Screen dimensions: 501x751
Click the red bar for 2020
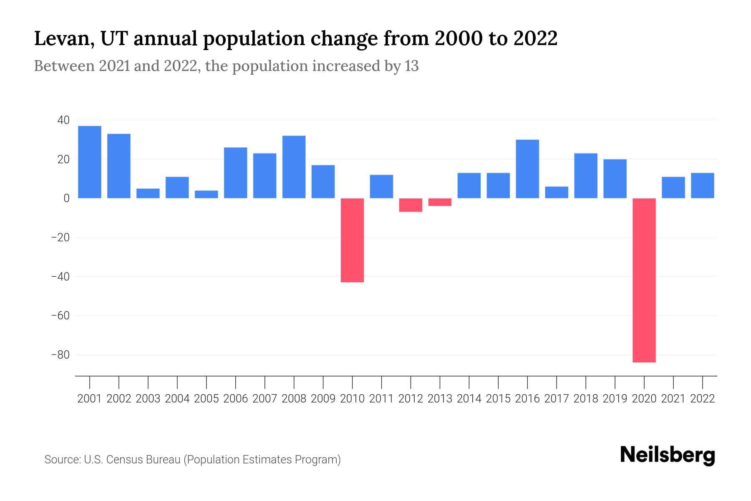(x=644, y=280)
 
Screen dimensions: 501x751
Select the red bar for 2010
(x=352, y=240)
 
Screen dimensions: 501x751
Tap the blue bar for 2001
(x=90, y=162)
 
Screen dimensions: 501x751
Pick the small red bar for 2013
(x=440, y=202)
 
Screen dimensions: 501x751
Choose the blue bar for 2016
(x=527, y=169)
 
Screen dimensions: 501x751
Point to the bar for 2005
(x=207, y=194)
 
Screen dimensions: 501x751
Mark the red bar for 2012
(x=411, y=205)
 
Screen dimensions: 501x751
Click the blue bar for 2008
(x=294, y=167)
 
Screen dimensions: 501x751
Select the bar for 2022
(x=703, y=185)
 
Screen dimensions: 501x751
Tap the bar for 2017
(x=557, y=192)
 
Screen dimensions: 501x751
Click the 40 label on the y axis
(x=63, y=120)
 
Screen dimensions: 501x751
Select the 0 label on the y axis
(x=66, y=198)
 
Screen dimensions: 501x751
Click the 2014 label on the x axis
(x=469, y=399)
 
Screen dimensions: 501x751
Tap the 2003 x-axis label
(x=148, y=399)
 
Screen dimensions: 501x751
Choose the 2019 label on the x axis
(x=615, y=399)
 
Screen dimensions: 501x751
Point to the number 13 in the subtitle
(x=411, y=66)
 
